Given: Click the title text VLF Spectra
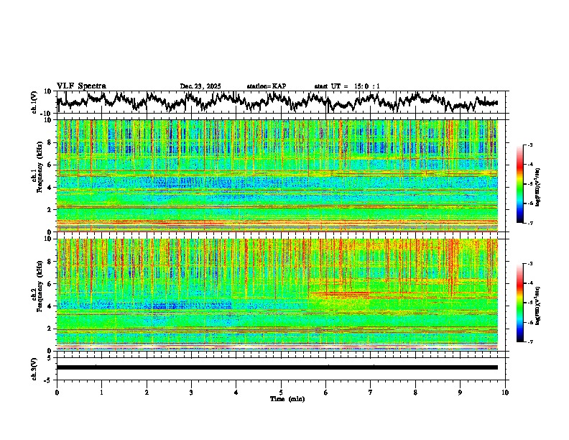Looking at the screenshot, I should coord(81,86).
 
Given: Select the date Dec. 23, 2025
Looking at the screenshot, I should coord(200,86).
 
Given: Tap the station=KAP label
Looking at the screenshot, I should coord(266,86).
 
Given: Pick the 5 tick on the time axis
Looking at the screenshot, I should coord(281,392).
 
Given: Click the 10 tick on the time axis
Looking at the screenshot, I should coord(505,392).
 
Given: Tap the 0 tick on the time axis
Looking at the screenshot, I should coord(57,392).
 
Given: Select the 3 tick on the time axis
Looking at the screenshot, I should coord(191,392).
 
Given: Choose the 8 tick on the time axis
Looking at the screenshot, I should coord(415,392).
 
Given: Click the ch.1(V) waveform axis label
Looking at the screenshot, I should coord(34,102).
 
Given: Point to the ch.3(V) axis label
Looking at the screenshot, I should coord(34,367).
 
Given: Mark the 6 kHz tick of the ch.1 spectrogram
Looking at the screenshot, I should coord(50,165).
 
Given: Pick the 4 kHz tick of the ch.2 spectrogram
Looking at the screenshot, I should coord(50,306).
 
